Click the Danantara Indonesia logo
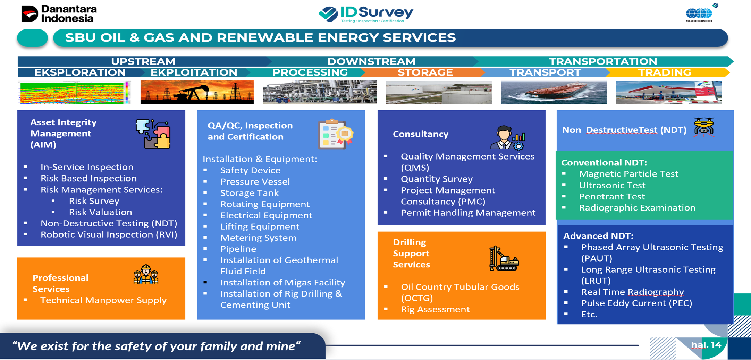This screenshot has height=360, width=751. pyautogui.click(x=59, y=14)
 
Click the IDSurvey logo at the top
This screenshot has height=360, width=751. pyautogui.click(x=366, y=14)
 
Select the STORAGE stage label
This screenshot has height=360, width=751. pyautogui.click(x=425, y=72)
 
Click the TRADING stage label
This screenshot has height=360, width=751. pyautogui.click(x=665, y=72)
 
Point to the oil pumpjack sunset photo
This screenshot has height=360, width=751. pyautogui.click(x=197, y=92)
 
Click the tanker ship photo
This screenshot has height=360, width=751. pyautogui.click(x=554, y=92)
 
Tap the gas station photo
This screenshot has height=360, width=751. pyautogui.click(x=668, y=92)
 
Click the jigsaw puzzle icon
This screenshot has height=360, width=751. pyautogui.click(x=153, y=134)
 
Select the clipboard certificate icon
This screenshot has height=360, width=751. pyautogui.click(x=335, y=134)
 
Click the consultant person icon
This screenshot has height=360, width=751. pyautogui.click(x=507, y=137)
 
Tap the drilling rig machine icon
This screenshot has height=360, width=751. pyautogui.click(x=504, y=259)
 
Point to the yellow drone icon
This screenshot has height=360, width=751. pyautogui.click(x=704, y=126)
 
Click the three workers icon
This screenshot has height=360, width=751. pyautogui.click(x=146, y=275)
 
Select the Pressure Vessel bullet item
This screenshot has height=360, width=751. pyautogui.click(x=255, y=182)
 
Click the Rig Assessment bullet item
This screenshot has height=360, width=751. pyautogui.click(x=435, y=309)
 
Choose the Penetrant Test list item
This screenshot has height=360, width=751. pyautogui.click(x=612, y=197)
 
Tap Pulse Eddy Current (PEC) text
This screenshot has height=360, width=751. pyautogui.click(x=636, y=303)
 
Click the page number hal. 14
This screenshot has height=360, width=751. pyautogui.click(x=706, y=345)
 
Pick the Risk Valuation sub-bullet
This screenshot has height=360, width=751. pyautogui.click(x=100, y=212)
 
